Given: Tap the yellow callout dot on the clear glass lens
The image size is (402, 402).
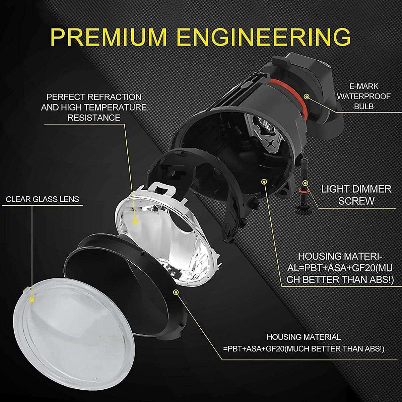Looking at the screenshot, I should coord(32,299).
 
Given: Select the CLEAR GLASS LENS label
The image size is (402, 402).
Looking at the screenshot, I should coord(43,200).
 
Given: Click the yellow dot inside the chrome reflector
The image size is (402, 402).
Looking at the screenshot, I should coord(135,221).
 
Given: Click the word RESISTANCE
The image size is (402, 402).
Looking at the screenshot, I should coord(94,118).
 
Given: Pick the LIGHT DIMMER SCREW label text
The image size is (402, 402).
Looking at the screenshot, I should coord(356,195).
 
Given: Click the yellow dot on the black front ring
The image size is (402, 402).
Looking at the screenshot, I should coord(176,292).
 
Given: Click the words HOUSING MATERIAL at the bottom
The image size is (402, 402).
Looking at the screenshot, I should coord(304,337).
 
